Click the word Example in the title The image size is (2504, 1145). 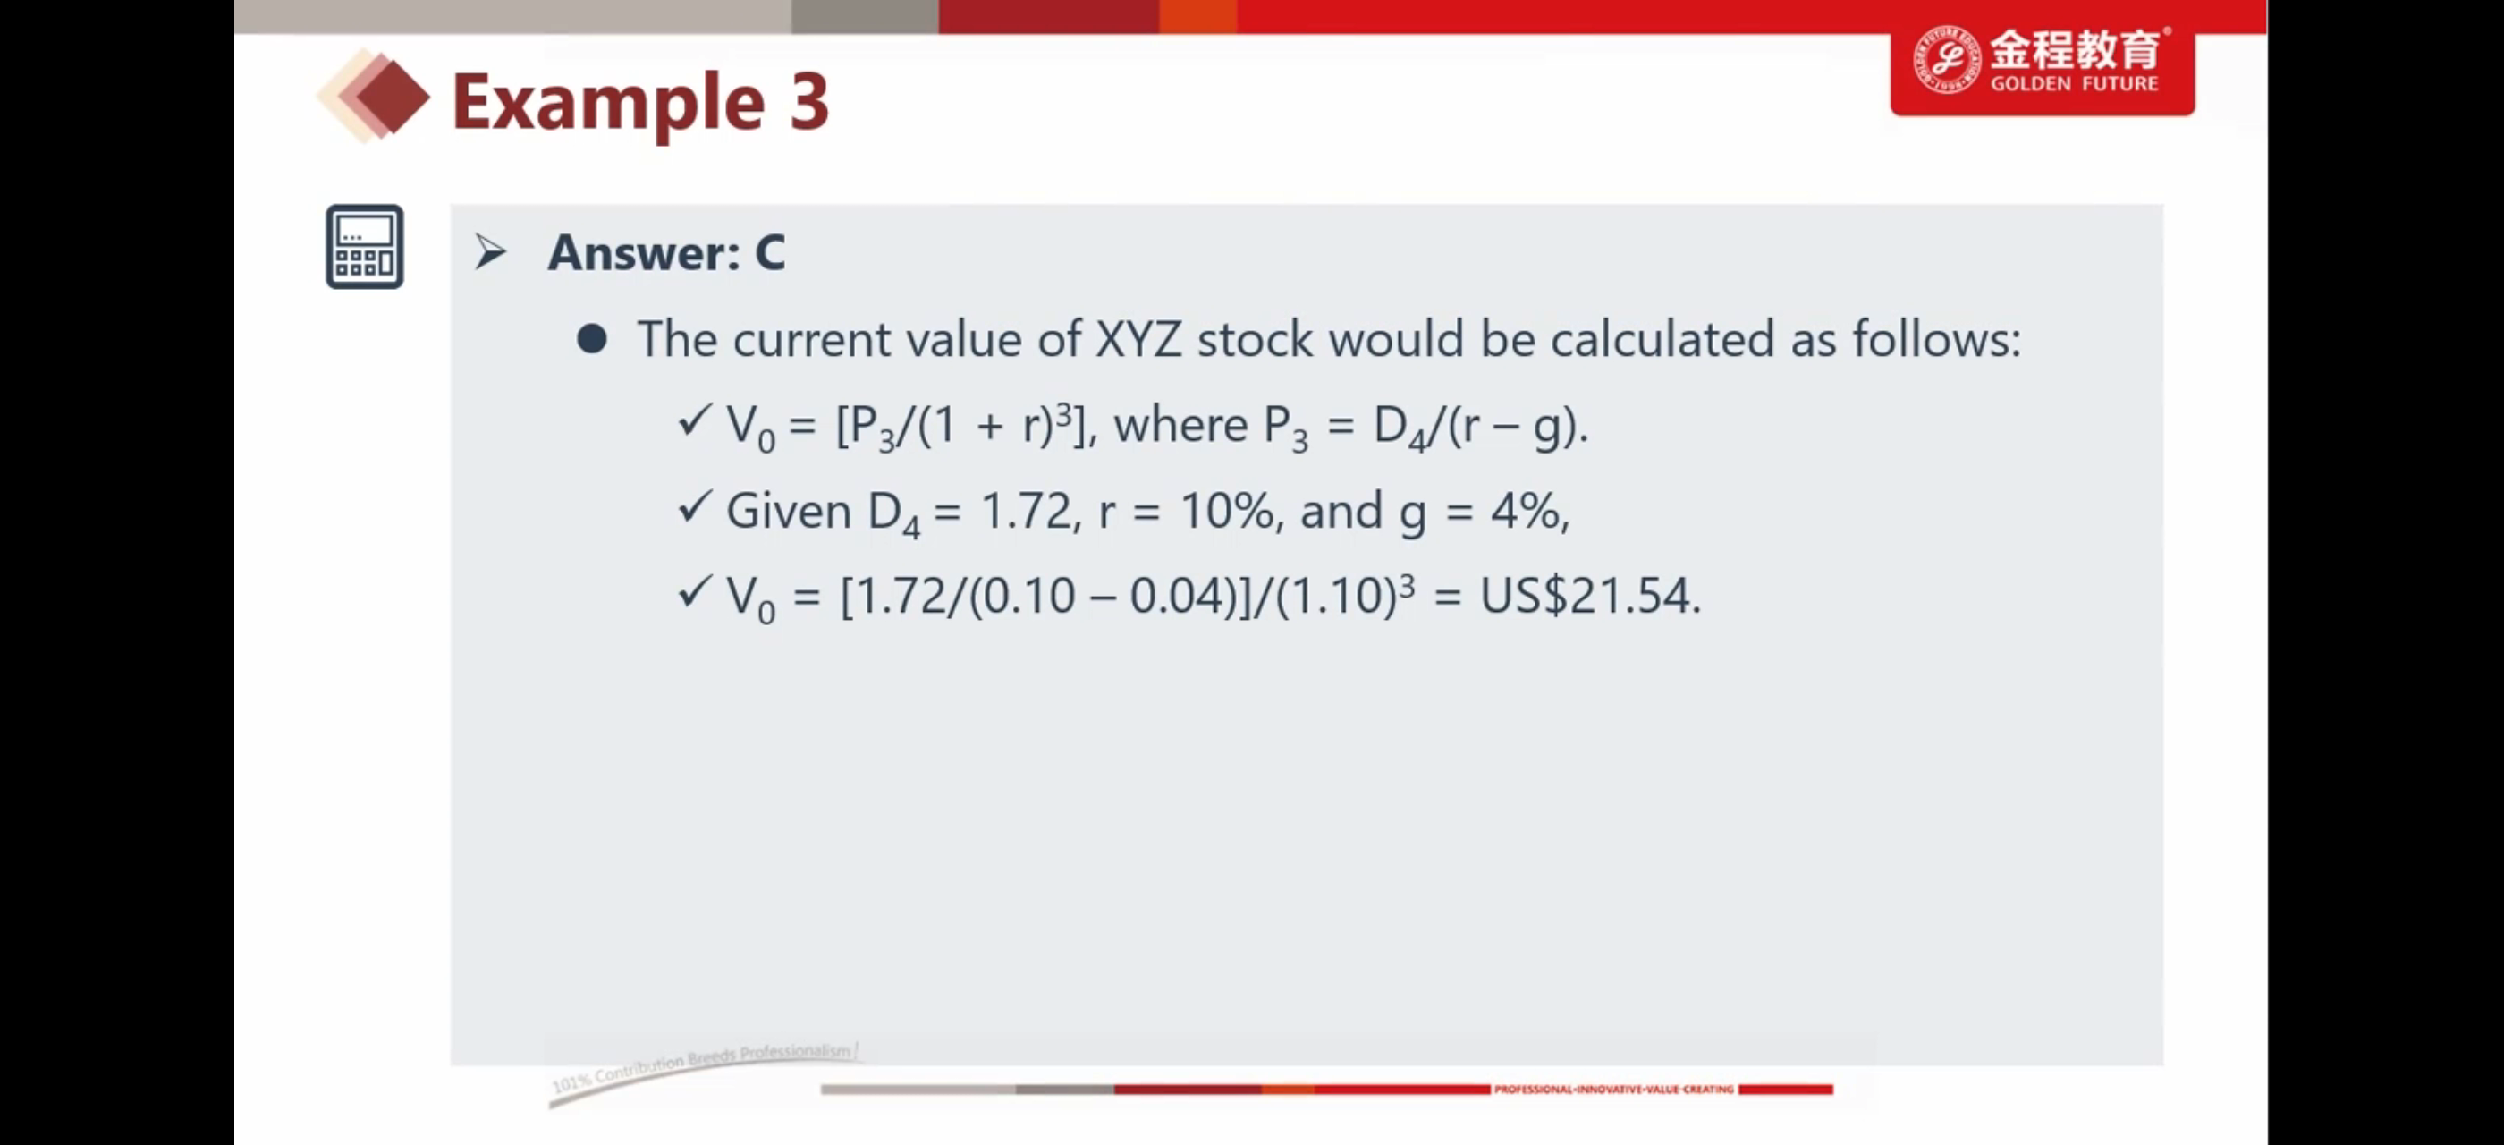[608, 103]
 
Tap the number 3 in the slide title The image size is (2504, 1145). [808, 101]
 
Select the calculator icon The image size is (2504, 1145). [365, 247]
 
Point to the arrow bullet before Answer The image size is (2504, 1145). [491, 253]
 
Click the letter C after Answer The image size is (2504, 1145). [770, 254]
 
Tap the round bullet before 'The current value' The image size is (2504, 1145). [592, 339]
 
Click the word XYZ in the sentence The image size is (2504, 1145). [1138, 339]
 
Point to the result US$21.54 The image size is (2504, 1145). [1589, 596]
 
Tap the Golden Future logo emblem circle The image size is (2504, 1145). [1946, 60]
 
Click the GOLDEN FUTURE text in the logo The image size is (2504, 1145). [2075, 83]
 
